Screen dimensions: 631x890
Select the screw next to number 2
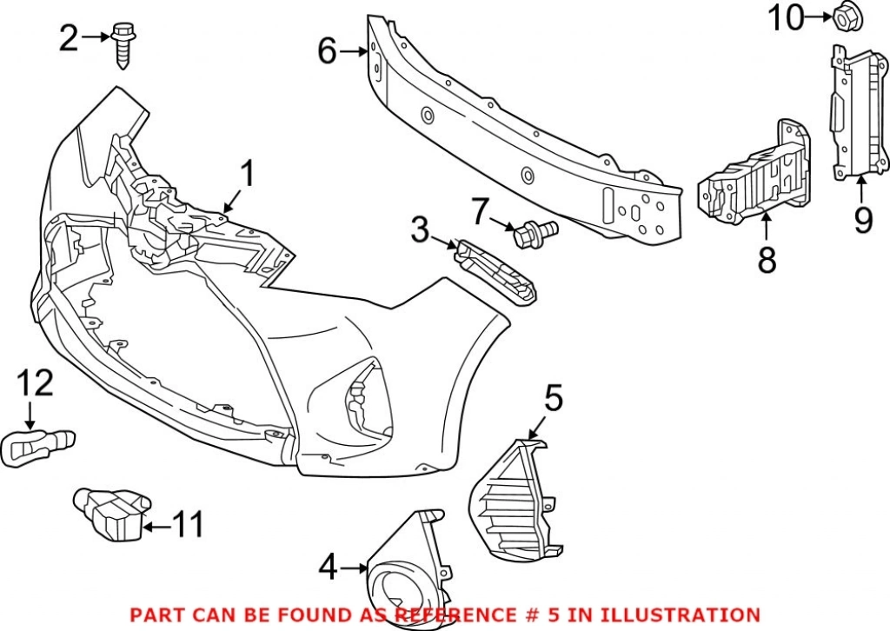(x=123, y=43)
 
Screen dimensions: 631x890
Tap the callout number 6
(x=327, y=51)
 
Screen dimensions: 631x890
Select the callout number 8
(x=767, y=259)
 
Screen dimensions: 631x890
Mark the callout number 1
(x=247, y=174)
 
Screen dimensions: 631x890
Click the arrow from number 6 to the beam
(x=355, y=51)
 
